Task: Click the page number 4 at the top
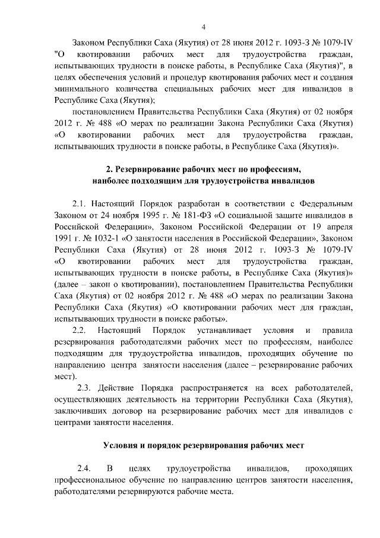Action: coord(204,27)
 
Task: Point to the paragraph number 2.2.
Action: coord(80,329)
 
